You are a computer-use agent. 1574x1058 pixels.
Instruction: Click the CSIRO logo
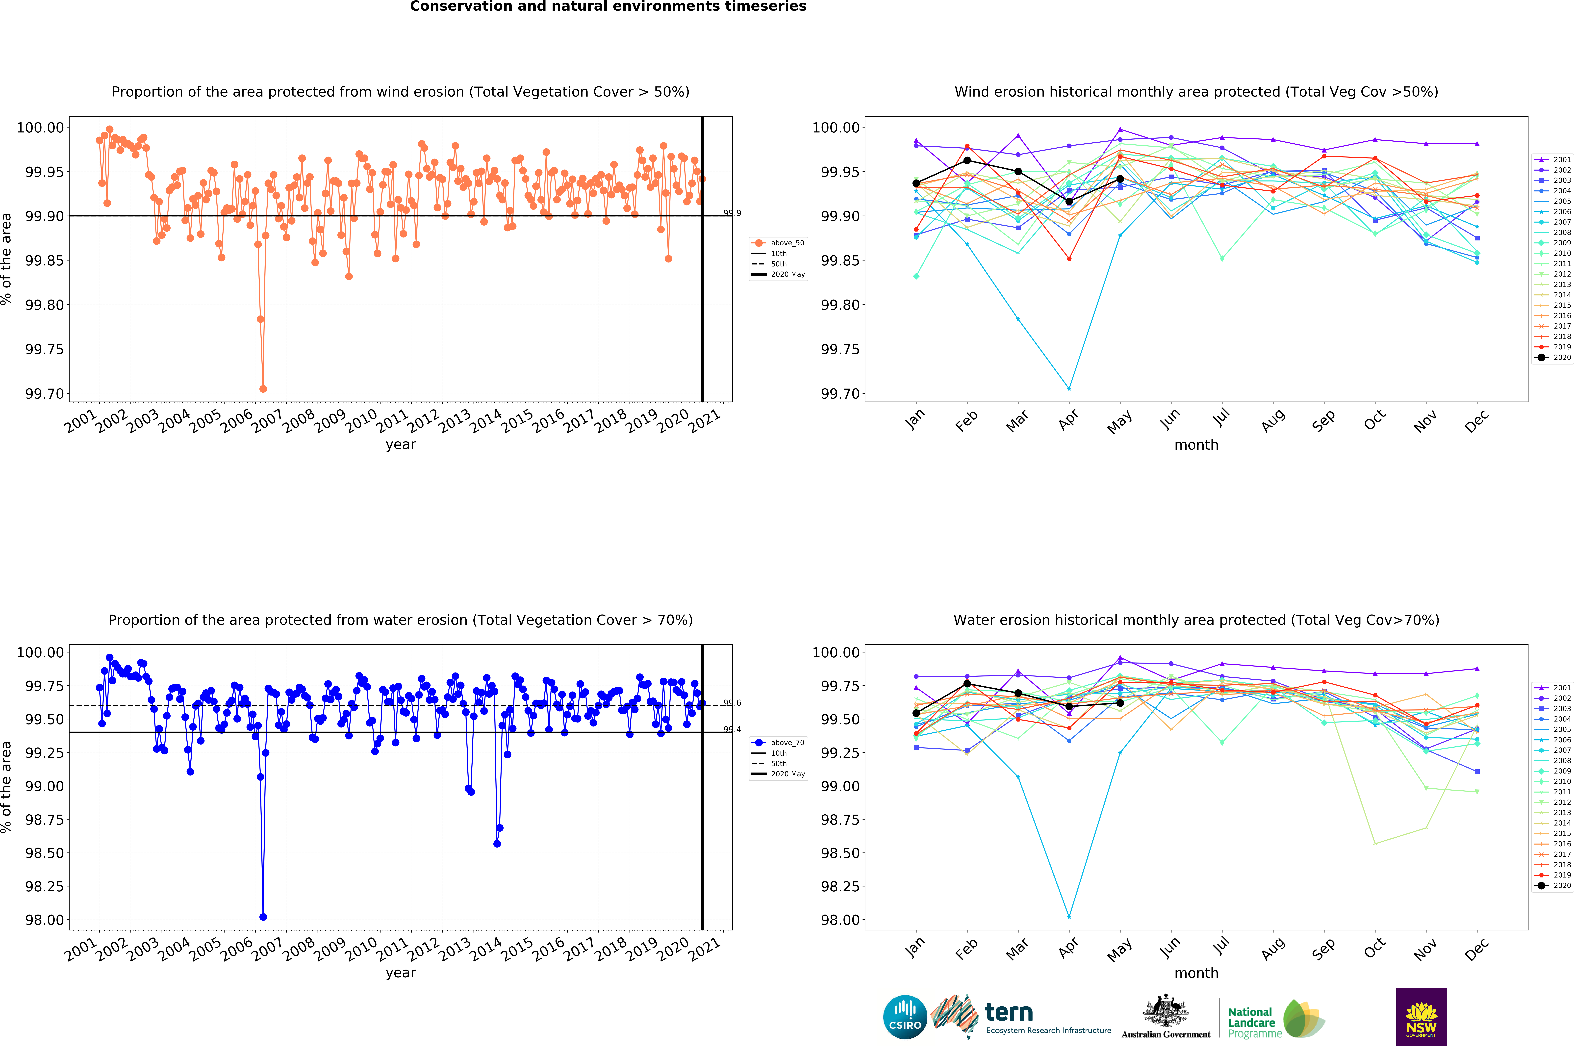(905, 1017)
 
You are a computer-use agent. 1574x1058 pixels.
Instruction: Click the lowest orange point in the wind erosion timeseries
(263, 389)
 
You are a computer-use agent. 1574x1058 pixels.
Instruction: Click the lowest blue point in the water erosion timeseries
(263, 917)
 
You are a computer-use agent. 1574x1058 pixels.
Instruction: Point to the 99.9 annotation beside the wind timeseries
(732, 213)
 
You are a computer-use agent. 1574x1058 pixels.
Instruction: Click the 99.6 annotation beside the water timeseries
(732, 703)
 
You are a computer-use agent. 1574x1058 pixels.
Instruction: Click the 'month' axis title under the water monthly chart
(1196, 973)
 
